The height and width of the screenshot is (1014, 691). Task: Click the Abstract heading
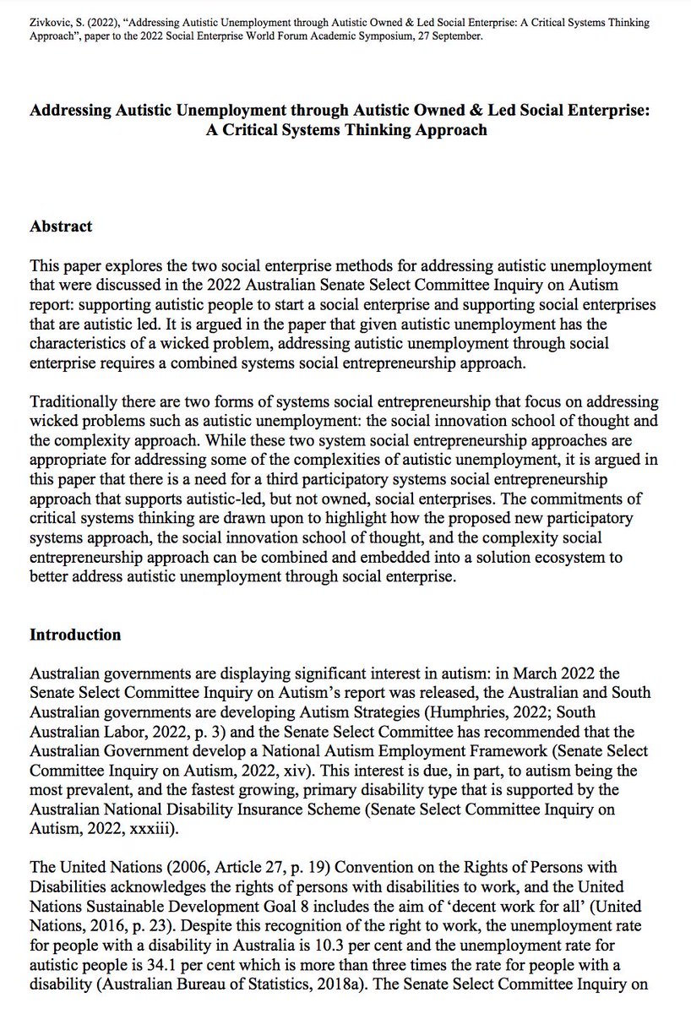click(61, 226)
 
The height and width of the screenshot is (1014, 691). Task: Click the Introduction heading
click(75, 635)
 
